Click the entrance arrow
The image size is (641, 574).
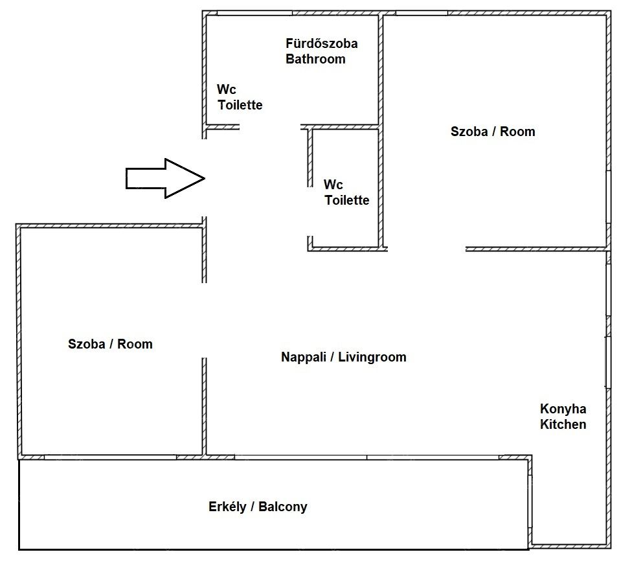tap(165, 178)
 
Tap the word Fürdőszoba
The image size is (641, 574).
tap(322, 43)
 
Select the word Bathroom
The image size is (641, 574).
tap(315, 59)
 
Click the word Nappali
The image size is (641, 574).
tap(303, 357)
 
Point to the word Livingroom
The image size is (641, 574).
tap(372, 357)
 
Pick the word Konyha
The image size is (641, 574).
tap(563, 409)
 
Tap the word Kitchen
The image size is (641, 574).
tap(563, 424)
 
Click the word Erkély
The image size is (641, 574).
tap(227, 507)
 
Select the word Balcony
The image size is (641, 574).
tap(283, 507)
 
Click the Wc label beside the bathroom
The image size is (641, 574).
tap(227, 89)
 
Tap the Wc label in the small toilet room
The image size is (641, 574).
tap(333, 185)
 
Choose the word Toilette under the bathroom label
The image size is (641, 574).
tap(240, 105)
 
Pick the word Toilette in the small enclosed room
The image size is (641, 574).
tap(347, 200)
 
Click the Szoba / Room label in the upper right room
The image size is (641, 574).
tap(493, 132)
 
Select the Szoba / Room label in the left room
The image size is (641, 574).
tap(110, 343)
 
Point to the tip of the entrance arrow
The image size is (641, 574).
tap(205, 178)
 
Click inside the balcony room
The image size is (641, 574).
tap(274, 528)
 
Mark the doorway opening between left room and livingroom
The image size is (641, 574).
tap(205, 320)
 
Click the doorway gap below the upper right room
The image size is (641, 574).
tap(427, 249)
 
